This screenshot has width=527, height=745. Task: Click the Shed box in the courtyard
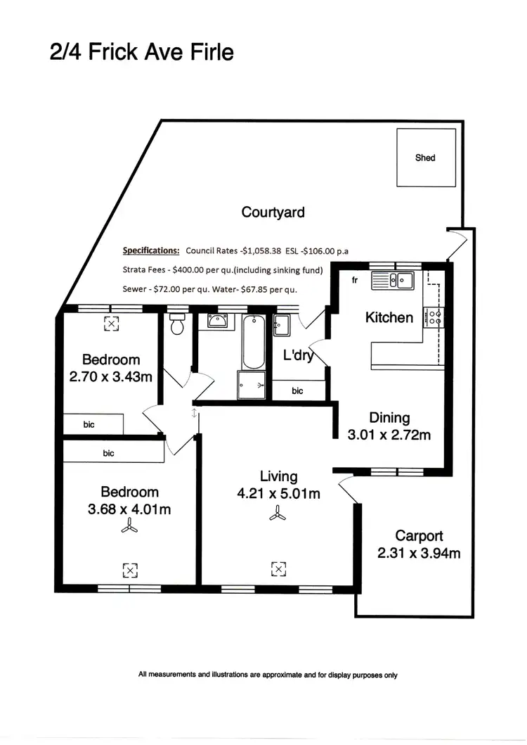pos(425,158)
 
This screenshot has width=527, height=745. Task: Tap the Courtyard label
pos(273,212)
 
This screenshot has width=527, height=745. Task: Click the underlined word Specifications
pos(151,250)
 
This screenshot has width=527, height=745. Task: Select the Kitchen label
pos(389,317)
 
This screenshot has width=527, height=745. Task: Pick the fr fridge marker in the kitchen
pos(355,280)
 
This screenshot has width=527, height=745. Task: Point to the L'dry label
pos(298,356)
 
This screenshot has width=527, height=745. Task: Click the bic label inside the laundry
pos(298,390)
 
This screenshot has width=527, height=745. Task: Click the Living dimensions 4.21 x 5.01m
pos(279,494)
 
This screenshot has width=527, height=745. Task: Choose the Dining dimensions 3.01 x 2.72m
pos(389,435)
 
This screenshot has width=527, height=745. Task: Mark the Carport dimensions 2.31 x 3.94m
pos(419,553)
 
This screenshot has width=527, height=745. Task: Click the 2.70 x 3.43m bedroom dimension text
pos(110,377)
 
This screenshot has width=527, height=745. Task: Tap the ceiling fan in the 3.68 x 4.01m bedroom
pos(129,528)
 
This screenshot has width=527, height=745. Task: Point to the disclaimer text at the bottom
pos(268,675)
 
